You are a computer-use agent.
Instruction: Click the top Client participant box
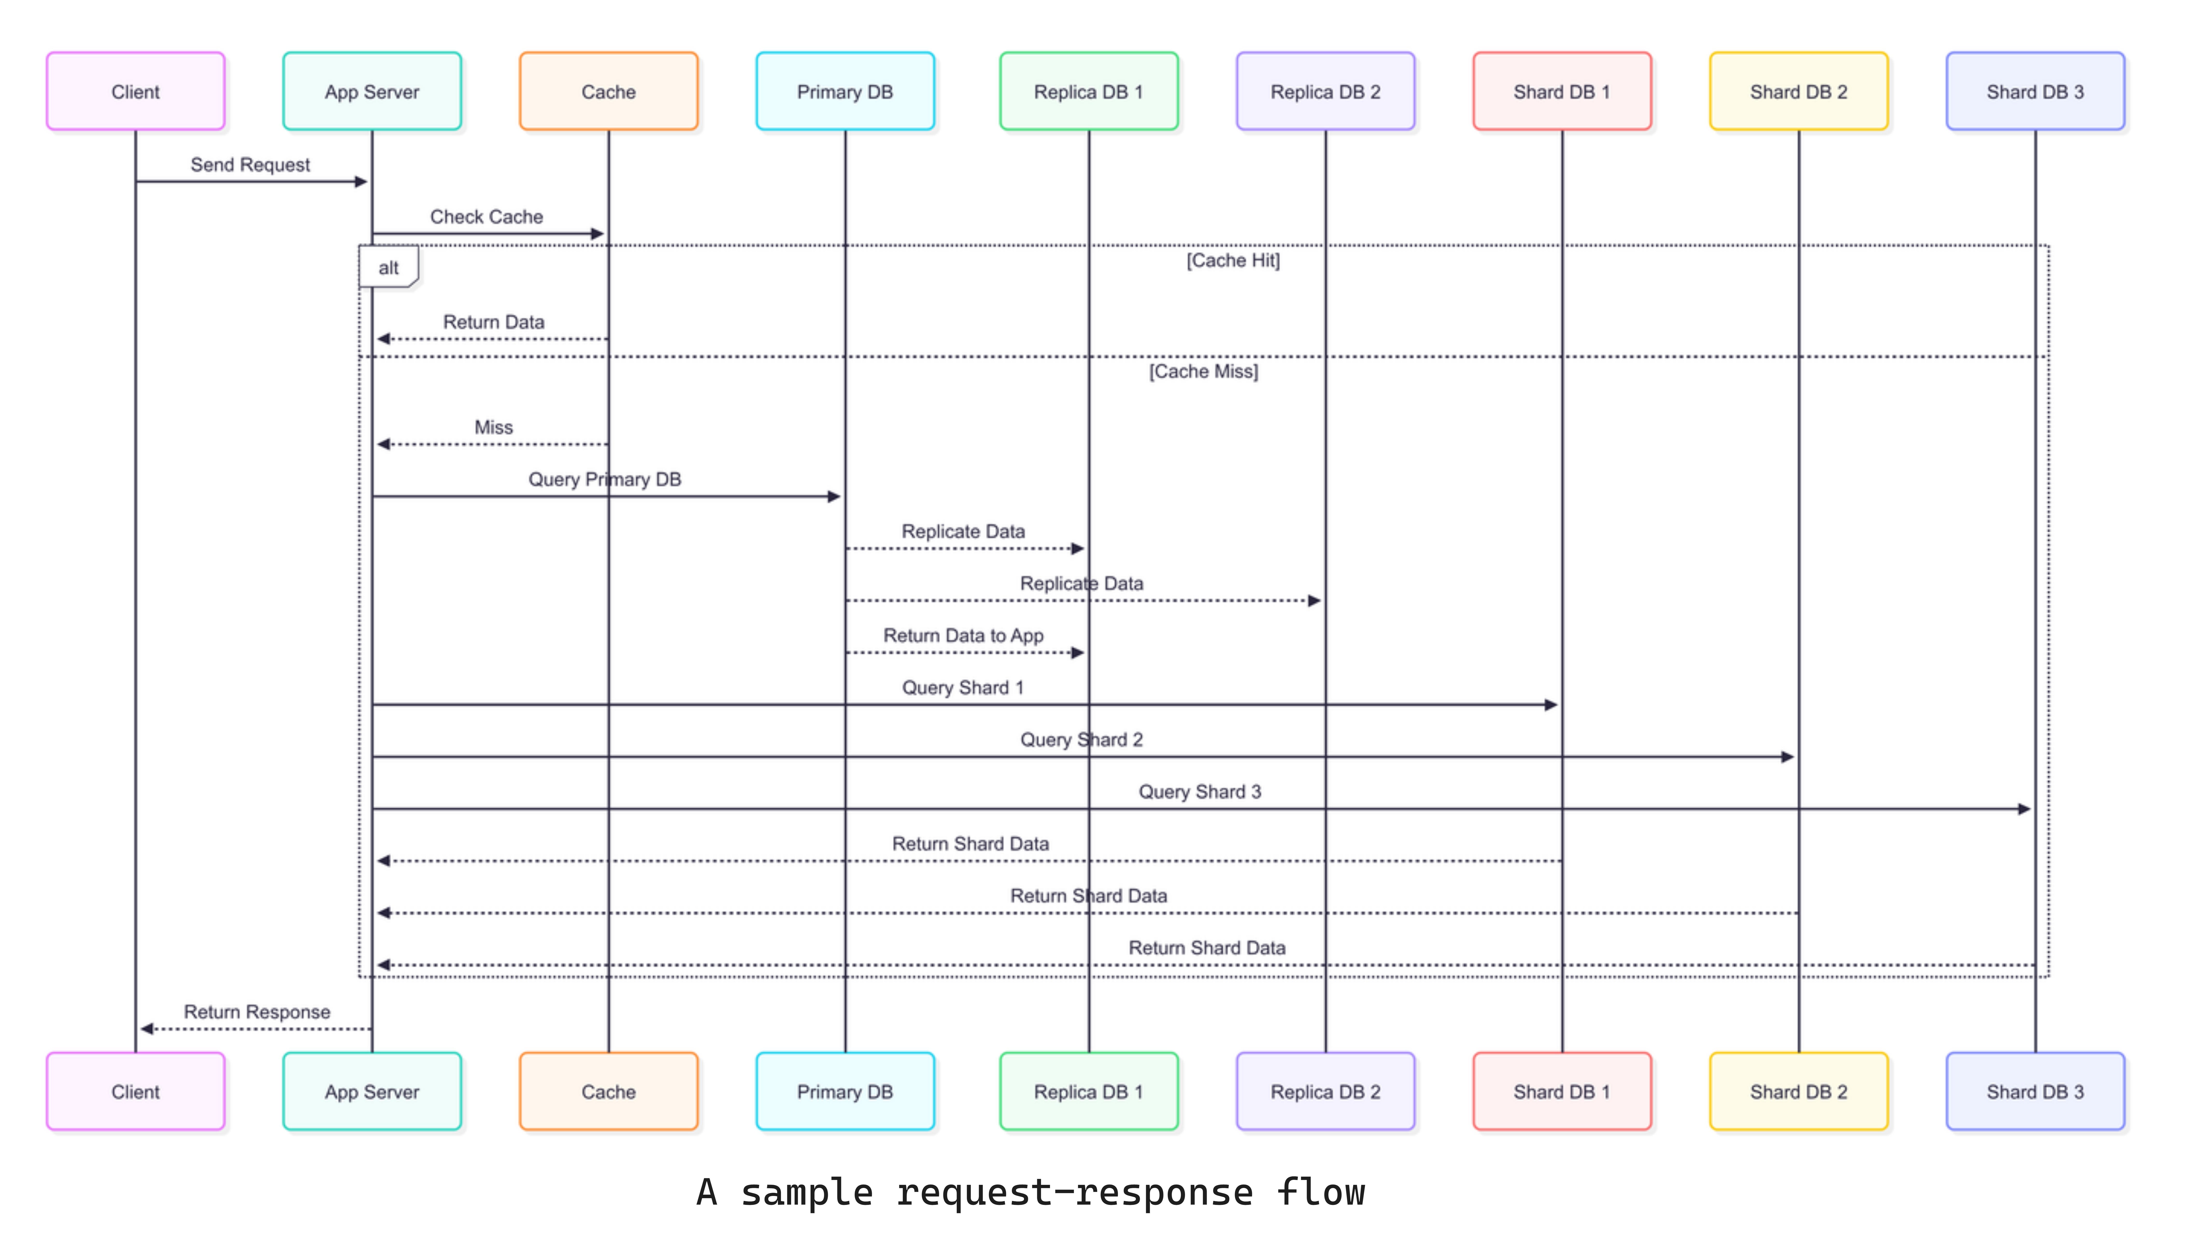click(x=136, y=91)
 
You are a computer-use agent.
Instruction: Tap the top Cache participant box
click(x=608, y=91)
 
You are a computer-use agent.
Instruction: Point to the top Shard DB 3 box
click(x=2035, y=91)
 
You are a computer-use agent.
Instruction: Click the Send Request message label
click(x=250, y=165)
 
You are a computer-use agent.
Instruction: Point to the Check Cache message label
click(x=486, y=217)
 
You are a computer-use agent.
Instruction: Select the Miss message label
click(x=494, y=427)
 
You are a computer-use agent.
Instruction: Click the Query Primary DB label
click(x=605, y=479)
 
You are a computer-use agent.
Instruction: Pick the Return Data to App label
click(x=963, y=636)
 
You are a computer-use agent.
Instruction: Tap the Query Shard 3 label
click(x=1199, y=792)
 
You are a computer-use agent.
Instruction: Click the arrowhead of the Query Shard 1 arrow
click(x=1550, y=705)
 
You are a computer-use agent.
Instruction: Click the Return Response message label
click(x=257, y=1012)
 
